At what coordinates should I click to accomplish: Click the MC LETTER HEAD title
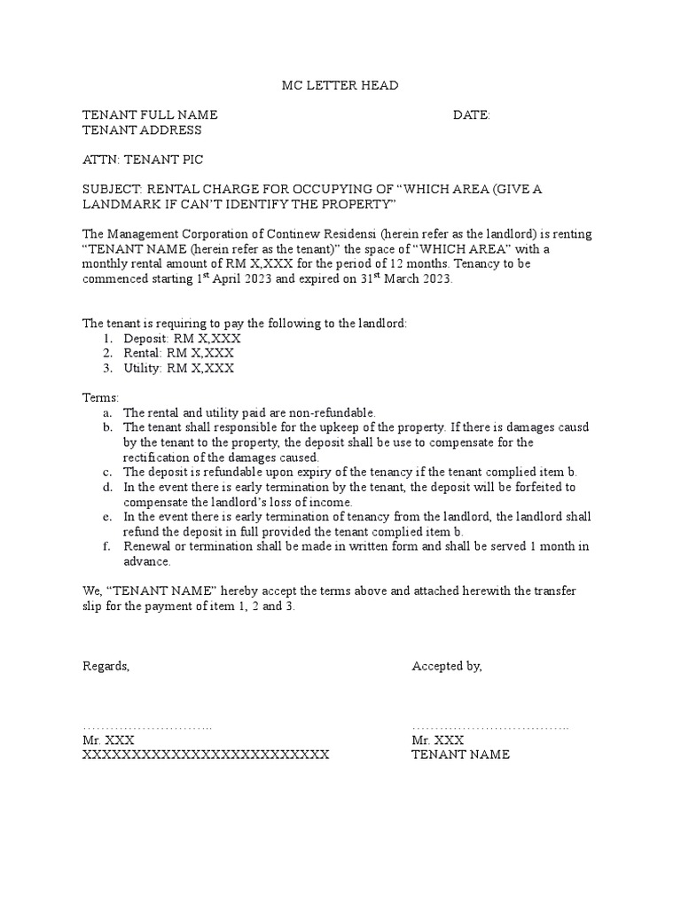[340, 85]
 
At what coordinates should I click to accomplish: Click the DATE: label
[471, 115]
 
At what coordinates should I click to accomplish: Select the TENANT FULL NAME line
[150, 115]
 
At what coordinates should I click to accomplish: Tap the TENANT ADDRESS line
[142, 130]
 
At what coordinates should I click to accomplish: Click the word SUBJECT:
[112, 190]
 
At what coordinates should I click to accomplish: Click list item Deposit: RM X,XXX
[182, 339]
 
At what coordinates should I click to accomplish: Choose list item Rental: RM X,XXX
[177, 354]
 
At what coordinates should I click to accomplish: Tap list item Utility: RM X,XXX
[178, 369]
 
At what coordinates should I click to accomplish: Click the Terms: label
[100, 398]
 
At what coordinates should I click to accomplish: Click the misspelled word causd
[572, 427]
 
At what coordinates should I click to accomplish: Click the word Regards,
[106, 667]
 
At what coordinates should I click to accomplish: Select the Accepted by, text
[447, 667]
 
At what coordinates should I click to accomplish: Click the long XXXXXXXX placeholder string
[206, 755]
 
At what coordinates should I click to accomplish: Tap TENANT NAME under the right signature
[461, 755]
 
